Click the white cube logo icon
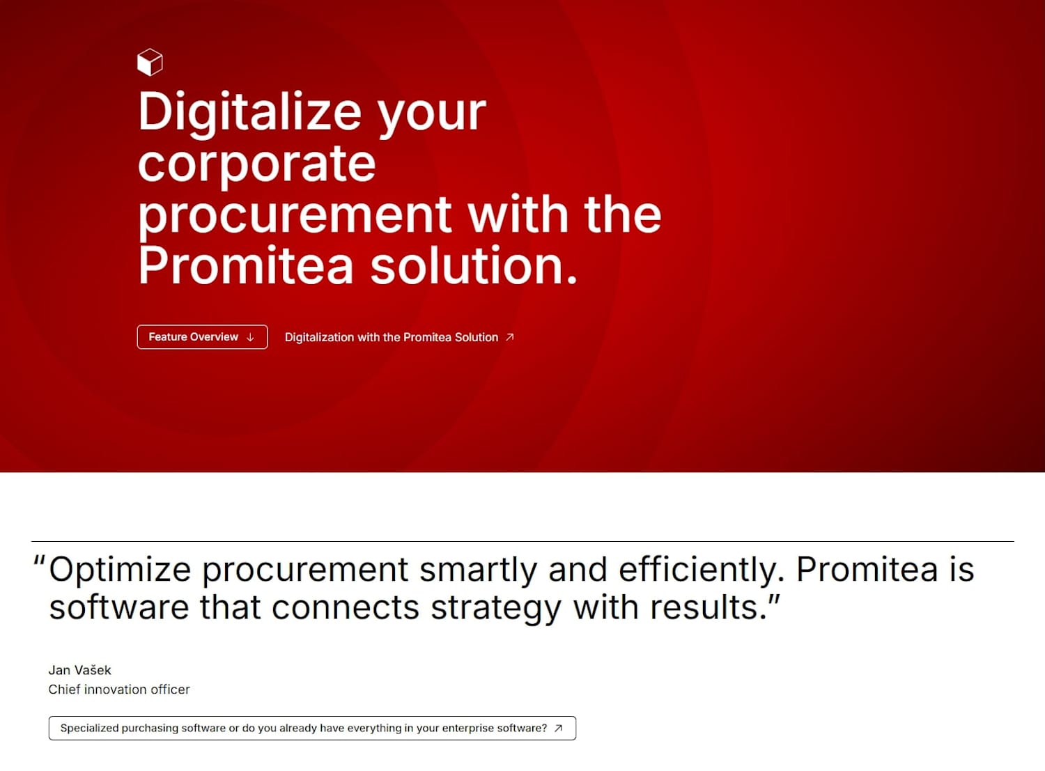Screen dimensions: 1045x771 (x=150, y=62)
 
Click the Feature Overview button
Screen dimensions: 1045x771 (x=203, y=337)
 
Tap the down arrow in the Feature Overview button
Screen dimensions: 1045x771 (x=250, y=337)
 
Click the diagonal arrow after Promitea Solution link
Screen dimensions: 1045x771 (x=510, y=337)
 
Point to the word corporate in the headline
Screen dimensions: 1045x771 (x=257, y=164)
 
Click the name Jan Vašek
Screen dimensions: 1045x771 (x=79, y=670)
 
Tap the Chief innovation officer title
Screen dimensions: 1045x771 (x=119, y=690)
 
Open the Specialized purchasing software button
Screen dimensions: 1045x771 (x=312, y=728)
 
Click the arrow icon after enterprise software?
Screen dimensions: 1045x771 (x=558, y=728)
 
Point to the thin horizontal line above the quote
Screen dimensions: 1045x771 (x=522, y=542)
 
